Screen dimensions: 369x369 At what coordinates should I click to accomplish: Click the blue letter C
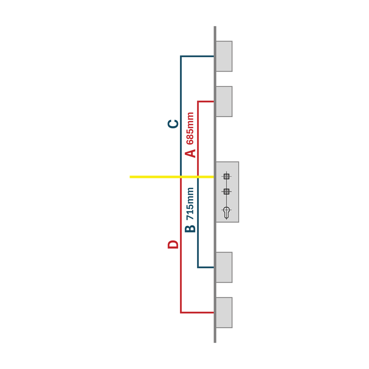[173, 124]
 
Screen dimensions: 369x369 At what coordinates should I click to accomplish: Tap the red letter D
[173, 245]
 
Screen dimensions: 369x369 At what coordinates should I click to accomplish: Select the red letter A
[190, 153]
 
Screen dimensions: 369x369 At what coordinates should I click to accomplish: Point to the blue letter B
[190, 229]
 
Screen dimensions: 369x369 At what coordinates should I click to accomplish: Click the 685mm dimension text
[190, 128]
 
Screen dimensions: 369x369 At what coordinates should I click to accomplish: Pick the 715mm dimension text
[190, 204]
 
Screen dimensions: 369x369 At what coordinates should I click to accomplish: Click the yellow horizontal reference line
[172, 177]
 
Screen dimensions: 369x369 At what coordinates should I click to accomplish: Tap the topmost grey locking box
[224, 56]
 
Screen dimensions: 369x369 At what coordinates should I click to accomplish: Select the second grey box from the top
[224, 101]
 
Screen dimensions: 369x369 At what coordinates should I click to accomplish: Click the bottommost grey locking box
[224, 313]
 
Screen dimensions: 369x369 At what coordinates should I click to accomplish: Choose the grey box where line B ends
[224, 267]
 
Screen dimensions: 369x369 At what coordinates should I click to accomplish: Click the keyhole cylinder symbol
[227, 213]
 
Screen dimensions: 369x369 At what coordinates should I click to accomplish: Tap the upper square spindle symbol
[227, 176]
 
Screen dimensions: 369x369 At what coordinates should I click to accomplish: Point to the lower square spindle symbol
[227, 192]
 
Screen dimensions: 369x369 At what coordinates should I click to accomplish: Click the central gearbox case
[227, 192]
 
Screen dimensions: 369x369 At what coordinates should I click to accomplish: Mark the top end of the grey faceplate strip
[215, 26]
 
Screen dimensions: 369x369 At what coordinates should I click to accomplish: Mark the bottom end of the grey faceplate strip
[215, 343]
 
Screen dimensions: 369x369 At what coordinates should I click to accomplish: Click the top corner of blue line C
[181, 56]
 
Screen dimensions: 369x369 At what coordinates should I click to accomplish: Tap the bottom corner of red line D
[181, 313]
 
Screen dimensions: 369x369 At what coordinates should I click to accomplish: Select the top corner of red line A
[198, 101]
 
